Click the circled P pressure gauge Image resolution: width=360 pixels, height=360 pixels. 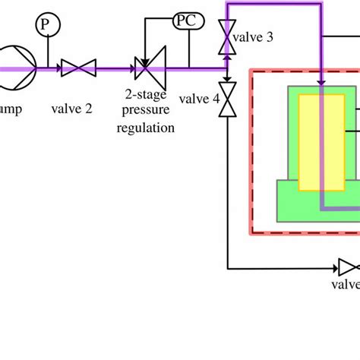pos(47,26)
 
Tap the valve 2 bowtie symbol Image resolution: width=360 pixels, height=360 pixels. pos(76,68)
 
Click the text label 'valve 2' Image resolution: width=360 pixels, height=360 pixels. pos(72,109)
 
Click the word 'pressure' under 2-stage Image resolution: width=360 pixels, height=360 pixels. pos(145,111)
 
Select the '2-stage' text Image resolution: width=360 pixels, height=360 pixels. pos(145,95)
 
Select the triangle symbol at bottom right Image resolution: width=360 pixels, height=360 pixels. pos(347,267)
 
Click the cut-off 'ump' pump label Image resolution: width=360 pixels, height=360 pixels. pos(11,109)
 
